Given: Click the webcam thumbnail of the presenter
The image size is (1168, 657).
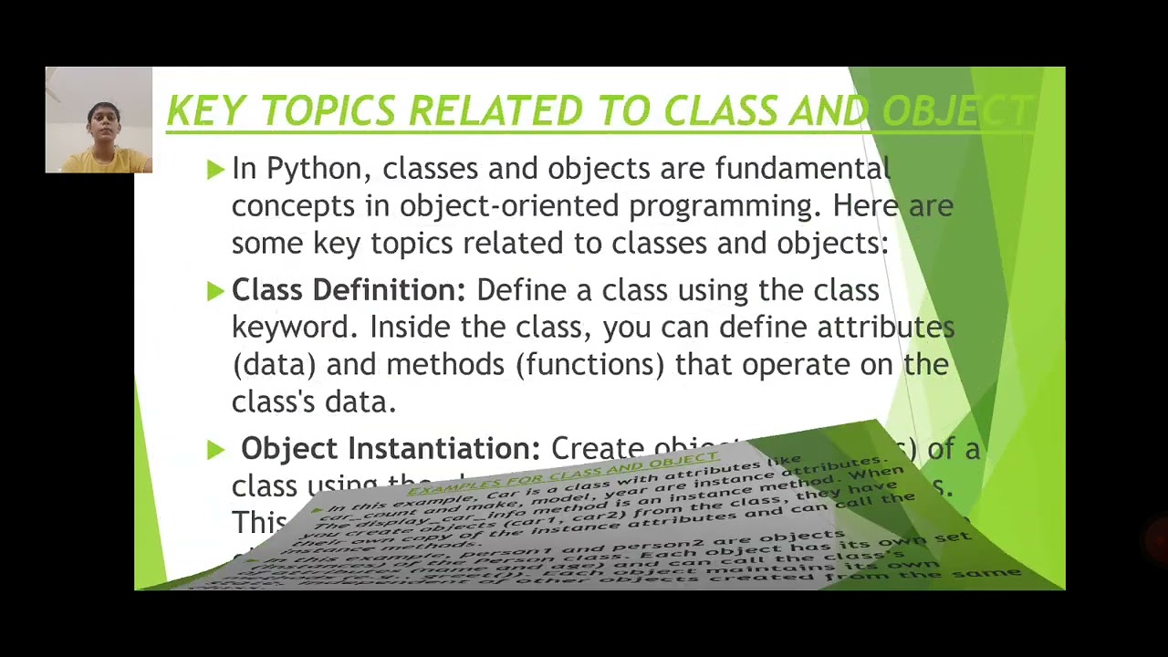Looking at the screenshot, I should click(99, 120).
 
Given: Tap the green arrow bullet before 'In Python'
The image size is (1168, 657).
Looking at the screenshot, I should click(215, 169).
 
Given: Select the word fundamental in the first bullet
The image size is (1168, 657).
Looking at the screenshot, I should click(802, 169).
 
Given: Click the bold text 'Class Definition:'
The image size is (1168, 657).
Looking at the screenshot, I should click(348, 290).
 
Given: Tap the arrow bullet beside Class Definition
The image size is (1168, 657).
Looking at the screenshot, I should click(215, 291).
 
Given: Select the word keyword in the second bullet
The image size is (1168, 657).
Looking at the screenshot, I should click(295, 328).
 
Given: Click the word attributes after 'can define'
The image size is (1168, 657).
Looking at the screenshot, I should click(885, 328).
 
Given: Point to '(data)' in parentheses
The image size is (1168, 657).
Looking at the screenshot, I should click(273, 365).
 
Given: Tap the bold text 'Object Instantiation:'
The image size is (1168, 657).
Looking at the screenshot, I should click(391, 449).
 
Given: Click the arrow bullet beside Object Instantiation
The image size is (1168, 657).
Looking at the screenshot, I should click(215, 449).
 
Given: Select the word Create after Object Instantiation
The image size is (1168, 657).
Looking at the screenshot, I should click(597, 449).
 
